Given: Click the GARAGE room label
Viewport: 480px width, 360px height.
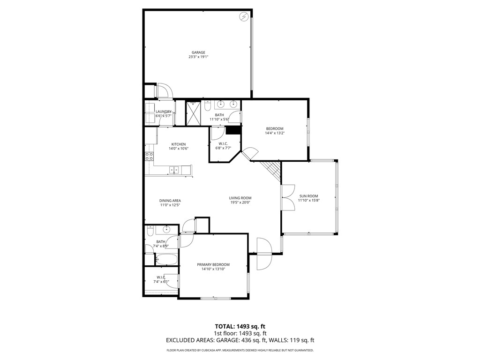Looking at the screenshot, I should (x=198, y=52).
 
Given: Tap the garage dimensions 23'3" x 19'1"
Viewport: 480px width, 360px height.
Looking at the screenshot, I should (x=198, y=57).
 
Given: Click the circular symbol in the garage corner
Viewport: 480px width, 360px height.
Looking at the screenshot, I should (x=244, y=17).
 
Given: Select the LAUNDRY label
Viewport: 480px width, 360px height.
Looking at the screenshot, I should (x=164, y=112).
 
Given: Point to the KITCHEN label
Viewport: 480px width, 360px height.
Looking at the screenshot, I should (x=178, y=144).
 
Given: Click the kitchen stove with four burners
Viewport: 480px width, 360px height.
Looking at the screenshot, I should (x=149, y=157).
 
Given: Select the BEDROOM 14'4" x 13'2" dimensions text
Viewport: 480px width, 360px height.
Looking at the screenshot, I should (x=275, y=133).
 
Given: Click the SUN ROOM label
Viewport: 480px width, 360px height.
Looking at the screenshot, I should (x=309, y=196).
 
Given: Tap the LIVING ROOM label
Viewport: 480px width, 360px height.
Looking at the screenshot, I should (x=240, y=198).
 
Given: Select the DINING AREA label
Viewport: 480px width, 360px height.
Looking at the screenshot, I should (x=170, y=201).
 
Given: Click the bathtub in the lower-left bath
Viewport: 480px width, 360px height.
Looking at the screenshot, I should (x=166, y=259).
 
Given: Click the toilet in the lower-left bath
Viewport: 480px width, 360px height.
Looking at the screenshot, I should (x=150, y=231).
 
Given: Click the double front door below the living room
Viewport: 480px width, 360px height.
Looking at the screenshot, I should (x=264, y=253).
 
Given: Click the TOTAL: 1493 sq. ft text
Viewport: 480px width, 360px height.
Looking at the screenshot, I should (x=240, y=326).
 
